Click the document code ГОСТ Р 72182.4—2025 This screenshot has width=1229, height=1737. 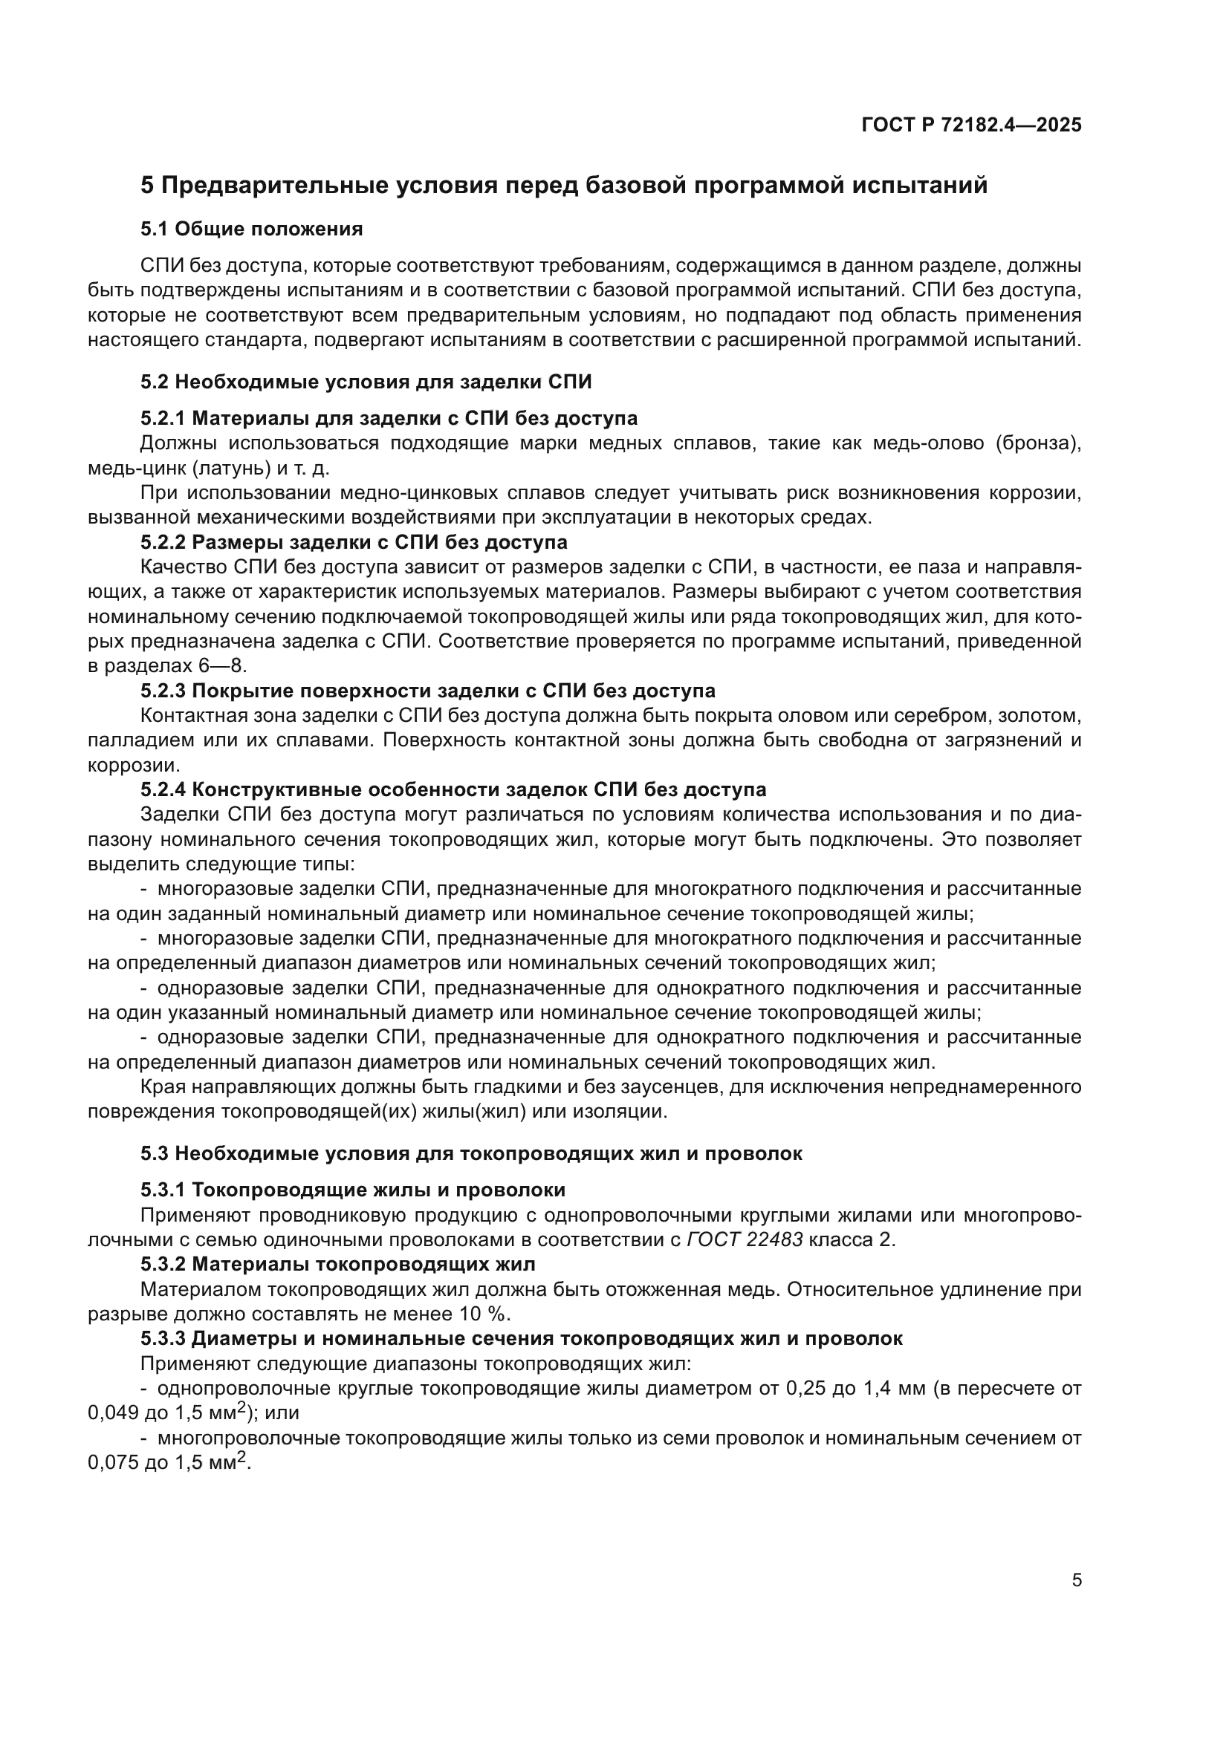pos(972,125)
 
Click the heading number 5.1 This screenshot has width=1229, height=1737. pos(155,229)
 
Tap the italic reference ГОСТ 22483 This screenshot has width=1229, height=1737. pos(745,1240)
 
